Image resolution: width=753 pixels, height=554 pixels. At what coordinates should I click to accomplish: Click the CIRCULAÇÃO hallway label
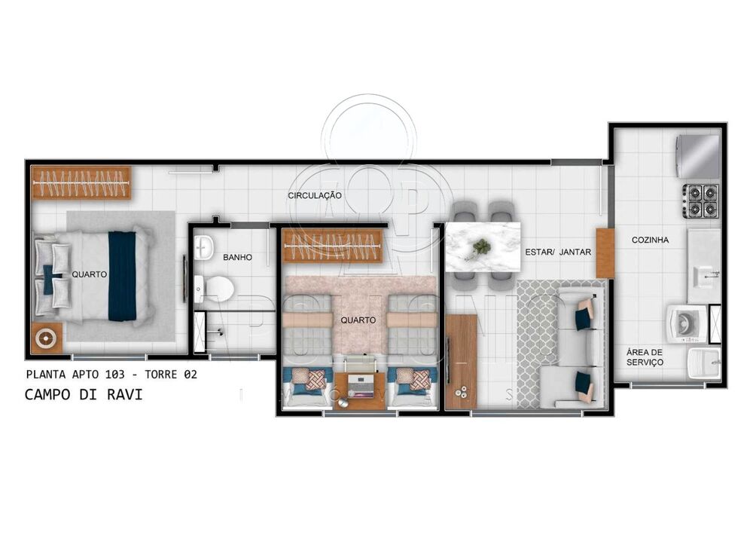(315, 196)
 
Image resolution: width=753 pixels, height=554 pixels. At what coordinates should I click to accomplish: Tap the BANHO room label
(237, 258)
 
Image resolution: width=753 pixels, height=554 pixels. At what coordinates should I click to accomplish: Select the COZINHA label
(650, 240)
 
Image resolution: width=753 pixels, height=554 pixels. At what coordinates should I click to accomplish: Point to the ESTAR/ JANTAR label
(558, 252)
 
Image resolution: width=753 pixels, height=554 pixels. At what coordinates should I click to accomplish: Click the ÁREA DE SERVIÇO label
(645, 357)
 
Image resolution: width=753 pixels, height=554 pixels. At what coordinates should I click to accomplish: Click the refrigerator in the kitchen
(697, 156)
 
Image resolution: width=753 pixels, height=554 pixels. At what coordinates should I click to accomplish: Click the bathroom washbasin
(203, 246)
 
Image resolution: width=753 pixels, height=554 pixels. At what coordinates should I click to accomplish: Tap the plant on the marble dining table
(481, 246)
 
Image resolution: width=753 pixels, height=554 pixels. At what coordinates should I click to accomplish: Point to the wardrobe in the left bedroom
(81, 182)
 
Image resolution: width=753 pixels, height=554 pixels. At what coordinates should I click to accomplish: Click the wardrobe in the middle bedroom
(332, 246)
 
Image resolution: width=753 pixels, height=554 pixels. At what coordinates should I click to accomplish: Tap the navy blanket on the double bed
(122, 276)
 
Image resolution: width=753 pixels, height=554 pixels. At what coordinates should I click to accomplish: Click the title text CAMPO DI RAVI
(83, 394)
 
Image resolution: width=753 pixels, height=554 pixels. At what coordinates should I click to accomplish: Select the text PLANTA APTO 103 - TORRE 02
(111, 374)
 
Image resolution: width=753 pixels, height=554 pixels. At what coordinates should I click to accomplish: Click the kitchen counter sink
(705, 275)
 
